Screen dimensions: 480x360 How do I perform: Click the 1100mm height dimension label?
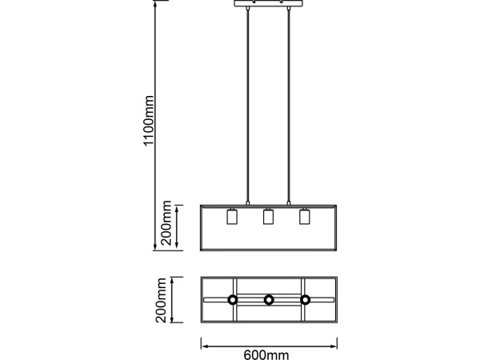149,121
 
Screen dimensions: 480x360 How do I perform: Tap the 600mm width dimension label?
266,355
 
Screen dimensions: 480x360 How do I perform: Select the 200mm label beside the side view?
166,223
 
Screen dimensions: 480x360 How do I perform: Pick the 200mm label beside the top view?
161,300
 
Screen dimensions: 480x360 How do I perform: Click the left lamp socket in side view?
232,216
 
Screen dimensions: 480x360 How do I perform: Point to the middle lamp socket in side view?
269,216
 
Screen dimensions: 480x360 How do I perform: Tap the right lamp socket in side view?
305,216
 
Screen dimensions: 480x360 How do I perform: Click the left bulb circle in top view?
232,300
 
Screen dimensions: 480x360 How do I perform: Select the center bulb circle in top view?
269,300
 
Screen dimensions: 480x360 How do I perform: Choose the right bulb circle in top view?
306,300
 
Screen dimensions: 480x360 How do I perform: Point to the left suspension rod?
248,105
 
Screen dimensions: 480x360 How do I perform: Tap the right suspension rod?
288,105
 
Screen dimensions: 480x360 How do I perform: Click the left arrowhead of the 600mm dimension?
205,346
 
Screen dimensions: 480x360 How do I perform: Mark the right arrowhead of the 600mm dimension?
333,346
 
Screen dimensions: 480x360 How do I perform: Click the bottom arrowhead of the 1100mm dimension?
155,246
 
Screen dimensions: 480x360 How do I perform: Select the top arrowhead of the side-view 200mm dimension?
177,210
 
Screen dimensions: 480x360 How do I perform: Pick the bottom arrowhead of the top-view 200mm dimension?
172,318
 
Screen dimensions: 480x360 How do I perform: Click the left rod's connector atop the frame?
248,203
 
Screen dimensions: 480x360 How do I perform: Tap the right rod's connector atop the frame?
288,203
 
